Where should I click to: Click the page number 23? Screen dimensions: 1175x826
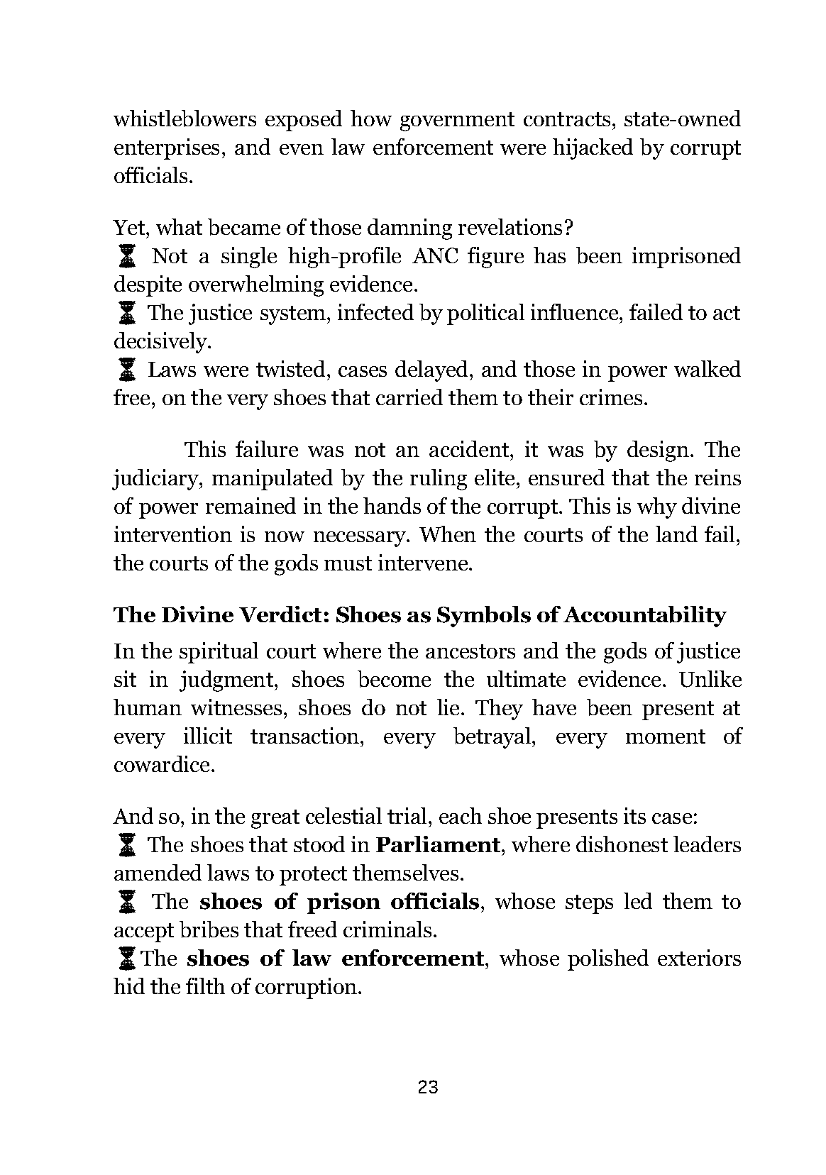[x=428, y=1087]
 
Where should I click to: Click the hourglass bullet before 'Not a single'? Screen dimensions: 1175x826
[x=127, y=255]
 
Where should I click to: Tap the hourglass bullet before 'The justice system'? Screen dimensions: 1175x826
[x=127, y=312]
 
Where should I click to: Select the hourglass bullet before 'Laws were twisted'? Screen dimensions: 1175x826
[x=127, y=369]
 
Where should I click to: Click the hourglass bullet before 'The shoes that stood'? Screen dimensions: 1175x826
[x=127, y=845]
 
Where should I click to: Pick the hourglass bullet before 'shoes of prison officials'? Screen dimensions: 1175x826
[x=127, y=902]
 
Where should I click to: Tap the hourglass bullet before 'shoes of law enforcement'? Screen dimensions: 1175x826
[x=127, y=959]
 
